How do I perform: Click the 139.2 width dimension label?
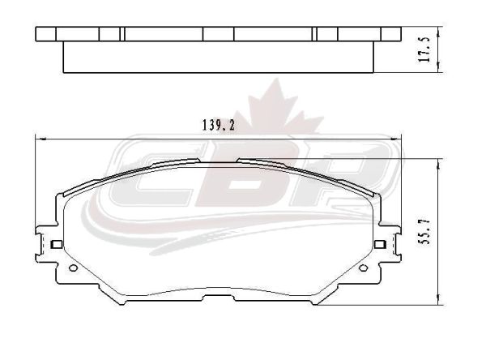pos(219,125)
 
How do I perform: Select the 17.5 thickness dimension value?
pos(424,49)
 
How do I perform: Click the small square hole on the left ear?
pos(57,244)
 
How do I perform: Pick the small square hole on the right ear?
pos(380,244)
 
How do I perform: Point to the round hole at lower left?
pos(73,268)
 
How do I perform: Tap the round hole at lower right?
pos(363,268)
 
